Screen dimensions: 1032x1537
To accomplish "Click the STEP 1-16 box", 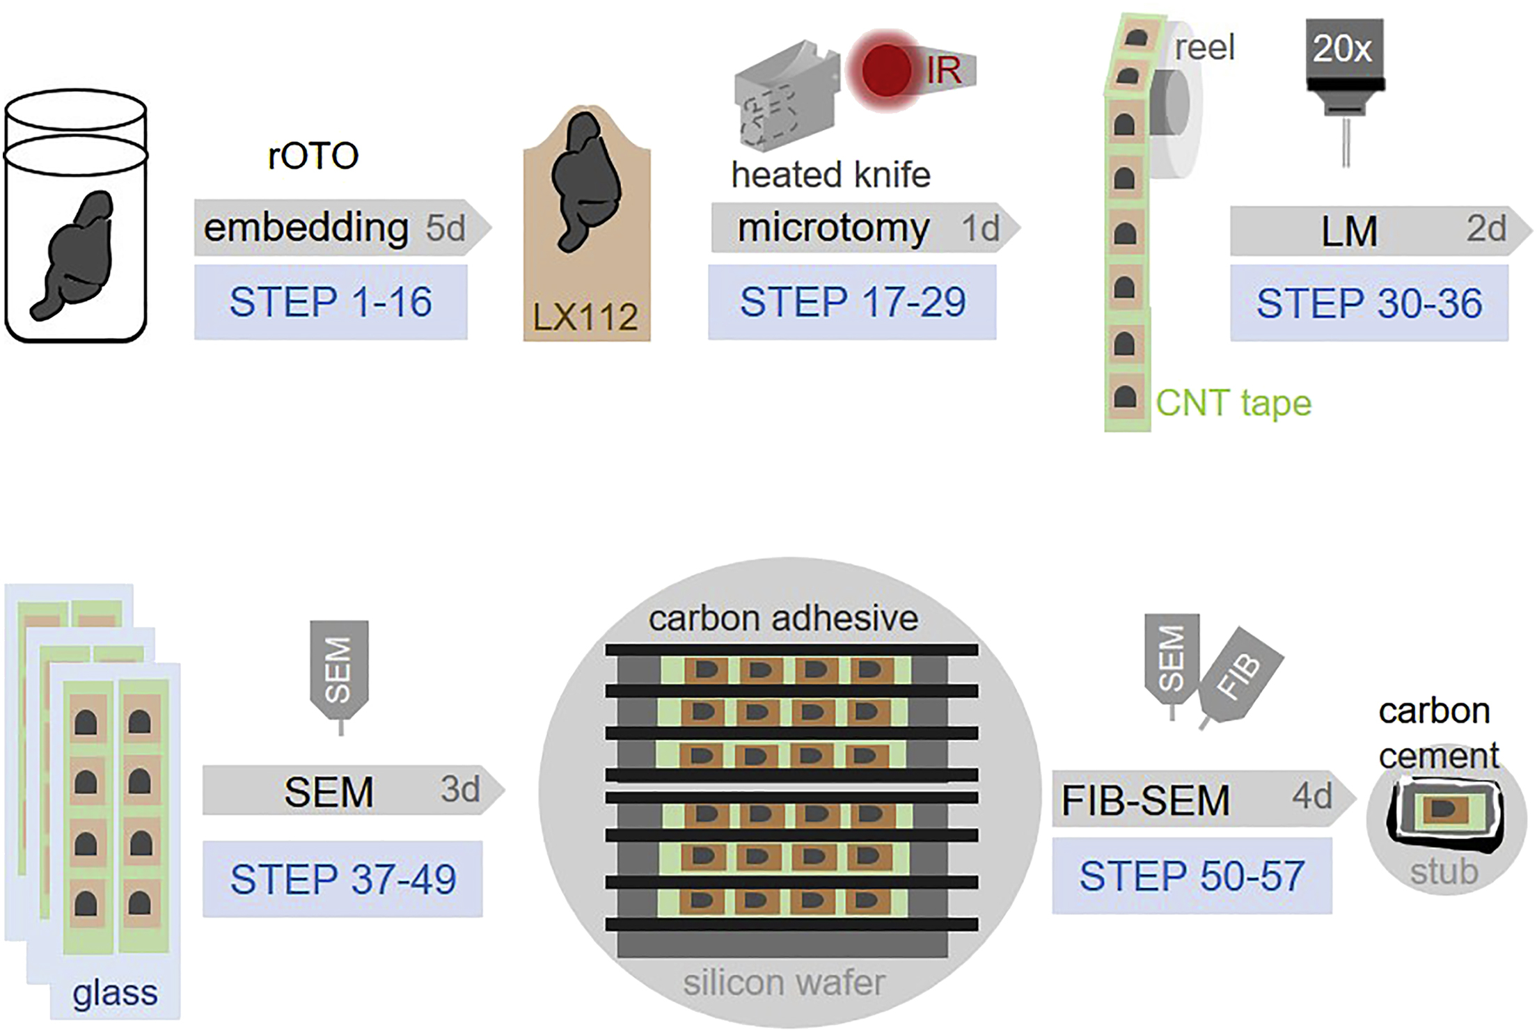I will coord(331,302).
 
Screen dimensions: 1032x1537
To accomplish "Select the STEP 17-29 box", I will coord(852,302).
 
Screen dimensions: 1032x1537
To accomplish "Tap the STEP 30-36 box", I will coord(1369,303).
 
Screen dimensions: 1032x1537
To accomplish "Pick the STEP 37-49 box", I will coord(342,879).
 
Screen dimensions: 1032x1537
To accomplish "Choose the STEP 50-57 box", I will coord(1192,876).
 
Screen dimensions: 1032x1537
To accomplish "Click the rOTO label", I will coord(313,156).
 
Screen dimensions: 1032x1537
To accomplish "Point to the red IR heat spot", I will coord(886,70).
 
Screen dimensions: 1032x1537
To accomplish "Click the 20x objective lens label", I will coord(1343,49).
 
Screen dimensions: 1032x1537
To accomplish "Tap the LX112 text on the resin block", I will coord(585,317).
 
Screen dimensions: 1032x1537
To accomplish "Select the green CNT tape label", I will coord(1233,404).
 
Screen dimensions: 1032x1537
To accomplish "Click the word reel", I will coord(1204,48).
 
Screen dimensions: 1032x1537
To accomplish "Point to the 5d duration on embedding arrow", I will coord(446,228).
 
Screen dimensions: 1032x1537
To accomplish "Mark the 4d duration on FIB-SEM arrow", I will coord(1312,795).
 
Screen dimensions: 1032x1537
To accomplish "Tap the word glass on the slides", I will coord(115,993).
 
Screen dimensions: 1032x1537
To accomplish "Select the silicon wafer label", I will coord(784,983).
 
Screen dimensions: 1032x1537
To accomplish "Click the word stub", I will coord(1444,872).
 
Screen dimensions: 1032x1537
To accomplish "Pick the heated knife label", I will coord(830,175).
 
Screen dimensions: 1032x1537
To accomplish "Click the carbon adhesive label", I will coord(783,619).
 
